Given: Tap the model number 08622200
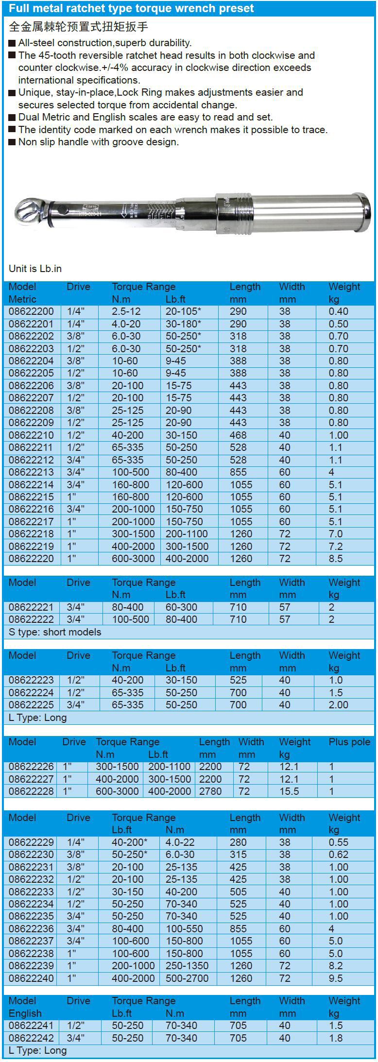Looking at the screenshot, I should (x=31, y=311).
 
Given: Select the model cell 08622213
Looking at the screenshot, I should (x=31, y=472).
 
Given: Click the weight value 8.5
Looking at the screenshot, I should (x=336, y=559).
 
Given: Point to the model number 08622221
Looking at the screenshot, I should (x=31, y=607).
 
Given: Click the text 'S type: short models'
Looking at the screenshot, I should (x=55, y=632).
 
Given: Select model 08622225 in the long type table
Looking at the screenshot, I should (x=31, y=705).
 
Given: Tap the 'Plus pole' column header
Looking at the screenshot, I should (x=349, y=742).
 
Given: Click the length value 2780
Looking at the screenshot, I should (x=210, y=791).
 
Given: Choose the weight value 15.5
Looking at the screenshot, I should (x=289, y=791).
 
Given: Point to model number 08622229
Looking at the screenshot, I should (x=31, y=842).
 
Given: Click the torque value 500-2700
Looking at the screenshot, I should (x=187, y=978).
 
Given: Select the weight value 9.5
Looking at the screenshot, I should (x=336, y=978).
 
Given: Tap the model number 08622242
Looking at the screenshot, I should (x=31, y=1038).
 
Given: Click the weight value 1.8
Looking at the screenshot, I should (x=336, y=1038).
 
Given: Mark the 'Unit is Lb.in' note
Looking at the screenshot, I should (x=35, y=269).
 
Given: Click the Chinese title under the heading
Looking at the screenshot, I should (x=78, y=27).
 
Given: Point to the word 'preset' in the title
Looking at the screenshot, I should (x=236, y=8).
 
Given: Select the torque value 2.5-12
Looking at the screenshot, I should (x=126, y=311).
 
